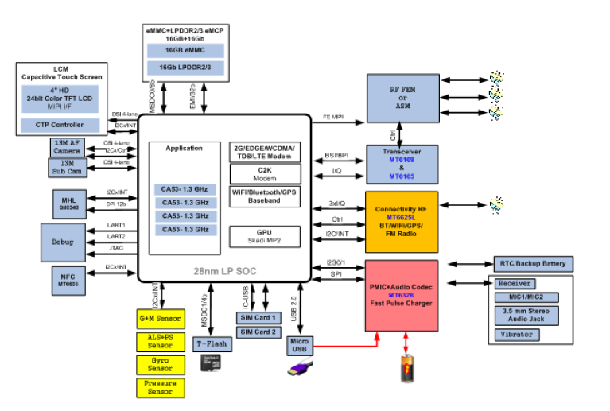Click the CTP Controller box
pyautogui.click(x=60, y=125)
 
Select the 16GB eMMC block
pyautogui.click(x=185, y=50)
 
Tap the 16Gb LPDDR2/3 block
pyautogui.click(x=185, y=68)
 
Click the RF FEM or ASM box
pyautogui.click(x=402, y=98)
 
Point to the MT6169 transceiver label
pyautogui.click(x=402, y=160)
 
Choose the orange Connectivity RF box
pyautogui.click(x=402, y=222)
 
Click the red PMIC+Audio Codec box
pyautogui.click(x=402, y=295)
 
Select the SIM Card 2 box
pyautogui.click(x=258, y=332)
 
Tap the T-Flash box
pyautogui.click(x=213, y=344)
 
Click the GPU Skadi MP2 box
pyautogui.click(x=264, y=235)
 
